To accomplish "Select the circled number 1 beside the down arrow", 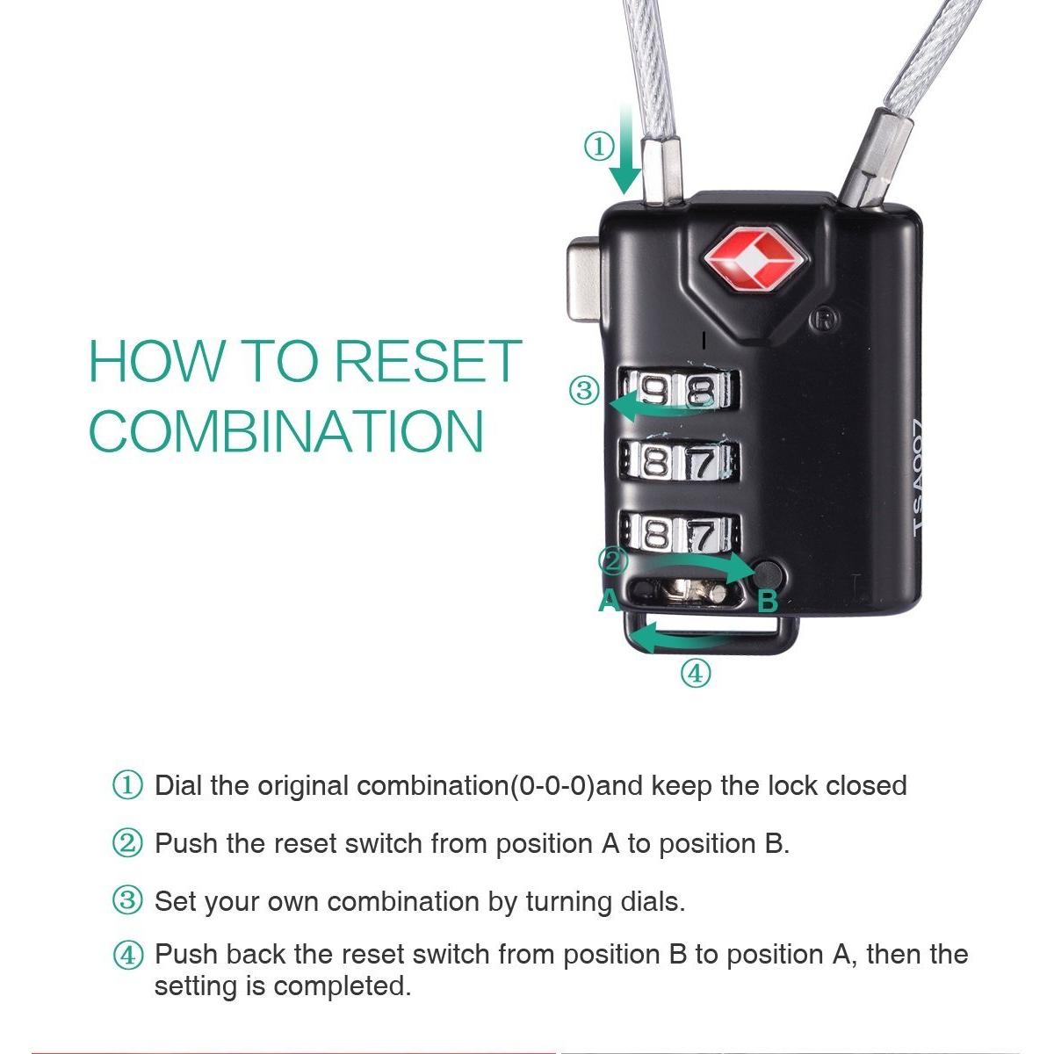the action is click(600, 148).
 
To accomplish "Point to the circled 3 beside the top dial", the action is click(585, 391).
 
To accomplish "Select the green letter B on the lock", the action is click(768, 601).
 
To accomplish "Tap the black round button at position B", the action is click(769, 574).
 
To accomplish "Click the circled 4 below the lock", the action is click(696, 674).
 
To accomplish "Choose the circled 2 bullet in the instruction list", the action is click(127, 843).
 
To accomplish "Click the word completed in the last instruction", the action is click(342, 986).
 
